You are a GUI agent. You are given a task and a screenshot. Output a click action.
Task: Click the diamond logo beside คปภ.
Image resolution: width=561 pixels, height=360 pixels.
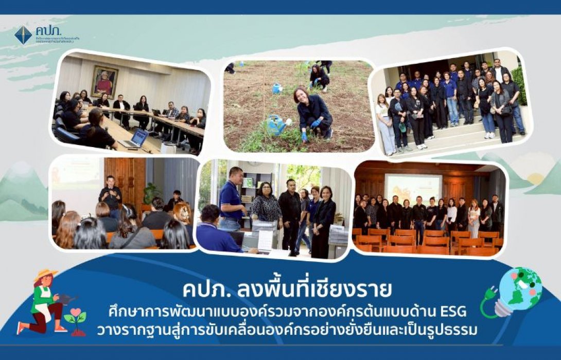tap(23, 35)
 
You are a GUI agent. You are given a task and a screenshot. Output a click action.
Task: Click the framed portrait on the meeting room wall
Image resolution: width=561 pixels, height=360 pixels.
tap(104, 81)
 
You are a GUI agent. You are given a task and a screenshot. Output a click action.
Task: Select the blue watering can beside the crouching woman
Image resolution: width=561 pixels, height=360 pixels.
tap(276, 124)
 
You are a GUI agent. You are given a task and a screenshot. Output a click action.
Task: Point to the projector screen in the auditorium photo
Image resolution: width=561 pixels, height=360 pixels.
tap(413, 188)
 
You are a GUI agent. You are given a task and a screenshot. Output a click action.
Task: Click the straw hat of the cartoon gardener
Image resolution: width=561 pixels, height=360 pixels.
tap(45, 276)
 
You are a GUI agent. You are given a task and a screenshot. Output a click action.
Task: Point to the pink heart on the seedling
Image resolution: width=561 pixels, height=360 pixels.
tap(76, 313)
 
